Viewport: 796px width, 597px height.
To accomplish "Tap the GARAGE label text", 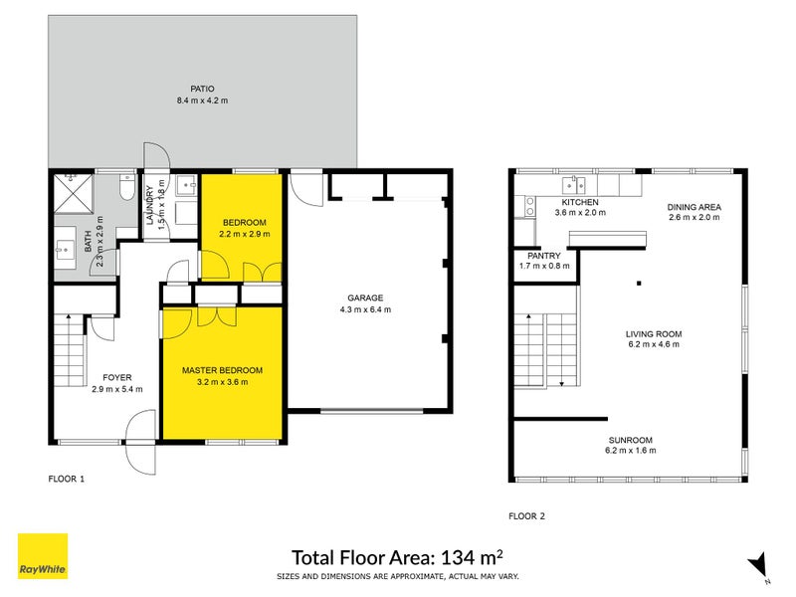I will (366, 298).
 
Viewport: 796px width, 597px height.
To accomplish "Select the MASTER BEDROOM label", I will (222, 370).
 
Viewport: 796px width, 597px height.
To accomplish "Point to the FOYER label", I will (110, 377).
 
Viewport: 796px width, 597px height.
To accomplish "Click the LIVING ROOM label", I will (653, 334).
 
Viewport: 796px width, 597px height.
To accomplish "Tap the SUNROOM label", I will (632, 439).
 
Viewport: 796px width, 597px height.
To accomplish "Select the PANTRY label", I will (543, 256).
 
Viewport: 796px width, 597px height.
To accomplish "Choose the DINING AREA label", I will (694, 207).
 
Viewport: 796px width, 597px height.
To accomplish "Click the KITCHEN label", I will (579, 202).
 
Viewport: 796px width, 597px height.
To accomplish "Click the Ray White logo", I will (43, 556).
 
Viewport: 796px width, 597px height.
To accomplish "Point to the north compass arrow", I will (758, 563).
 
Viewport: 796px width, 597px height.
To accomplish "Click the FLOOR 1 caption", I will (67, 479).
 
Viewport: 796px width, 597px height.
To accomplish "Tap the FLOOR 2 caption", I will (526, 515).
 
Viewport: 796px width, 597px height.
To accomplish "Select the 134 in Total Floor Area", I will (459, 556).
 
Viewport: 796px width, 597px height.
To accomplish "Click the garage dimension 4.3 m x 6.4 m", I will (366, 309).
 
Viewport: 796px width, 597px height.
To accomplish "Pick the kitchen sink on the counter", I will (574, 184).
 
